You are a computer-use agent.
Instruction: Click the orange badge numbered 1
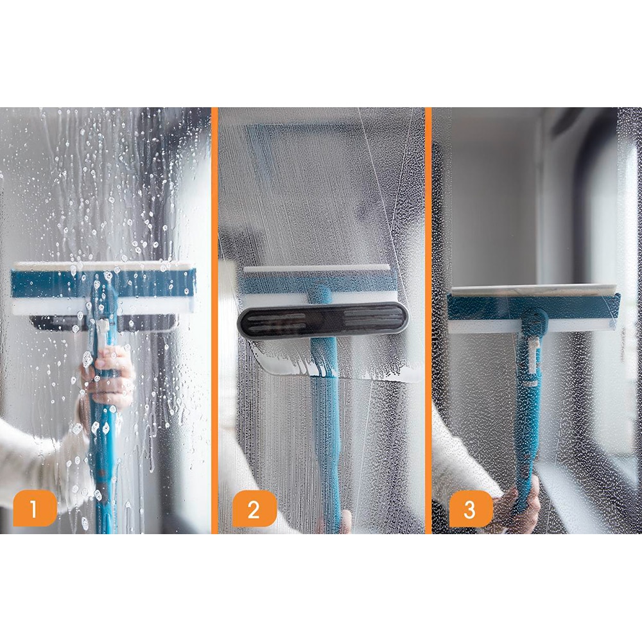(x=34, y=509)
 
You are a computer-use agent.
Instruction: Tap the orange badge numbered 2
(x=254, y=509)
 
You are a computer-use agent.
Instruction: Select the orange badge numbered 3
(x=471, y=509)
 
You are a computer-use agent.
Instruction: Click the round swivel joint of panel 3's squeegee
(x=533, y=317)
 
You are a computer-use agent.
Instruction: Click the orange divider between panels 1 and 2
(x=214, y=321)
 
